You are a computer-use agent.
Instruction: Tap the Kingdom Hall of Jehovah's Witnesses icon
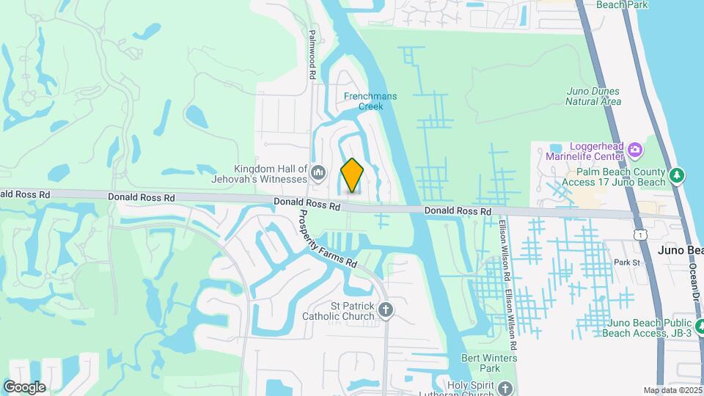[318, 173]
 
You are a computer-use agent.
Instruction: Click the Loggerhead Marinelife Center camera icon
[635, 150]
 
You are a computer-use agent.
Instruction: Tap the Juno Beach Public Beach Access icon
[700, 325]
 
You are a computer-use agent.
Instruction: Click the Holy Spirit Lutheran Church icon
[505, 388]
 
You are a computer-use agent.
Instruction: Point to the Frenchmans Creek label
[364, 101]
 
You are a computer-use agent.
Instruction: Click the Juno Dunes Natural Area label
[593, 96]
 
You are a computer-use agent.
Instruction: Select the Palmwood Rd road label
[312, 54]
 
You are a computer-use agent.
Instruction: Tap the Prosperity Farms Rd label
[328, 239]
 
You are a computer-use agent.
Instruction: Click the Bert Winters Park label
[489, 362]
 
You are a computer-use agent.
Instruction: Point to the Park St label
[627, 262]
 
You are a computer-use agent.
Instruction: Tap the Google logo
[24, 387]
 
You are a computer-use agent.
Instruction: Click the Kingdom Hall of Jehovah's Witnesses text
[270, 174]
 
